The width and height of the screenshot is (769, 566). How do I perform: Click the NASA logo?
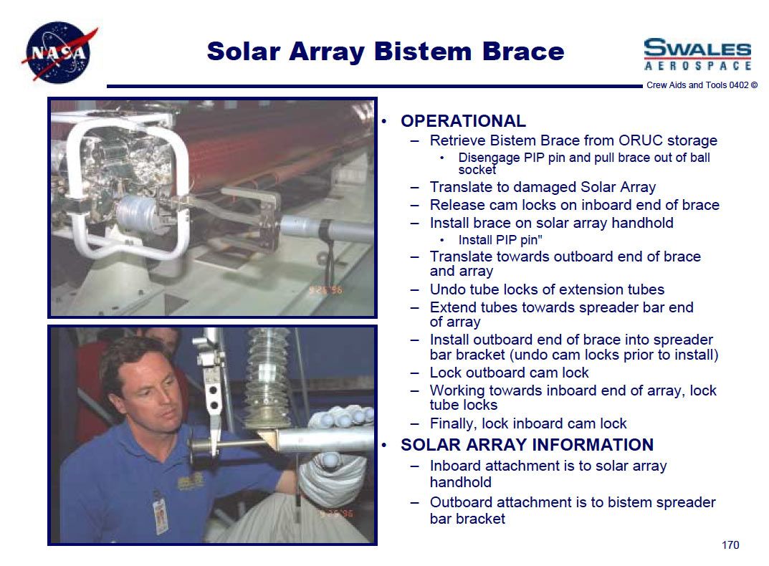(59, 52)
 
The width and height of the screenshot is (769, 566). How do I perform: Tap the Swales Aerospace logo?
(697, 54)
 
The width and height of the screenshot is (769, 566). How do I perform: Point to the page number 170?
(730, 545)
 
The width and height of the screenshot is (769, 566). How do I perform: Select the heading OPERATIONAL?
(463, 120)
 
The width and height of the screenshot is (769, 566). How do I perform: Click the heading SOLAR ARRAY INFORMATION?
(527, 444)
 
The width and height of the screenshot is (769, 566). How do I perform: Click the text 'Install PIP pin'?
(498, 240)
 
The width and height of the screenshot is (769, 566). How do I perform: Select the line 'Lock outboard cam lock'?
(509, 373)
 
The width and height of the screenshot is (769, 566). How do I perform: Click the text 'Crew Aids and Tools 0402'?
(697, 85)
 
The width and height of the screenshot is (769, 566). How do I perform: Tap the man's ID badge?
(161, 516)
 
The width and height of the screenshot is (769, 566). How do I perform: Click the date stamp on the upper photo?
(325, 289)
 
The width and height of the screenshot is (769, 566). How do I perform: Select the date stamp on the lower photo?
(336, 514)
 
